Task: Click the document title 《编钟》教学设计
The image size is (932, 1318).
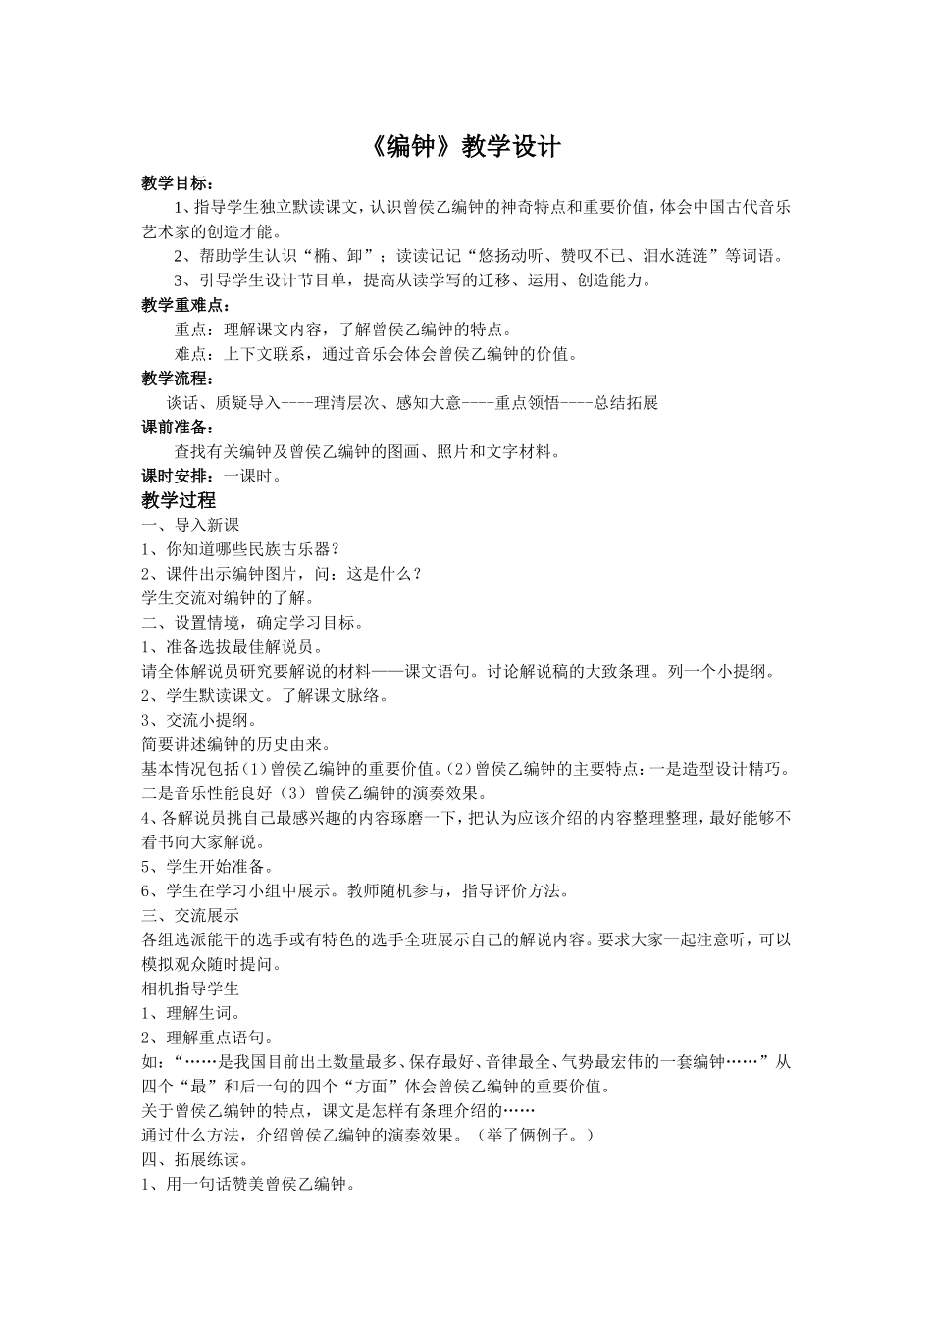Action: tap(466, 147)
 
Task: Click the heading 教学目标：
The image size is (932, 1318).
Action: tap(178, 183)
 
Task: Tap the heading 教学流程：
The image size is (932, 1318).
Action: tap(178, 379)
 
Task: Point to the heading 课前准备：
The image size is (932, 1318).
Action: tap(178, 428)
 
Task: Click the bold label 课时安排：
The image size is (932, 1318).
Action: tap(178, 476)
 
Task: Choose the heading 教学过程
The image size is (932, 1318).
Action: tap(179, 500)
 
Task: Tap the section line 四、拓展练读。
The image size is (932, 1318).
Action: tap(197, 1159)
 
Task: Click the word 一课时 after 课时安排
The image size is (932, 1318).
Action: tap(247, 476)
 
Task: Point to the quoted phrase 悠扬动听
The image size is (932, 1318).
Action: tap(508, 257)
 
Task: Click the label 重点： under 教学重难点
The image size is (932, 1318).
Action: tap(199, 330)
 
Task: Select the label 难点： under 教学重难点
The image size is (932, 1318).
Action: tap(199, 355)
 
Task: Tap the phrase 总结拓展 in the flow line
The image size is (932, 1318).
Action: tap(626, 403)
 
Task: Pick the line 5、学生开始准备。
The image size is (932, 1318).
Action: tap(208, 867)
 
